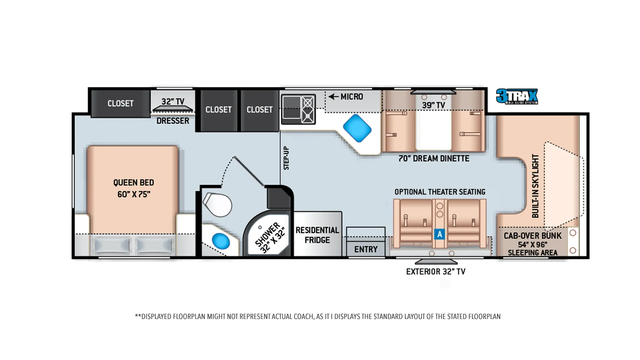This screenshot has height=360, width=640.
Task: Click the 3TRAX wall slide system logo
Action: (517, 96)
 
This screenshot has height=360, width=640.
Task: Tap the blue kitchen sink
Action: (357, 128)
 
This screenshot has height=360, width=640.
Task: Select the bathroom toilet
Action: (217, 204)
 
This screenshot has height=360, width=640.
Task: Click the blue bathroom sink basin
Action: (221, 241)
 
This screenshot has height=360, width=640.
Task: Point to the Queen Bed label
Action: (134, 188)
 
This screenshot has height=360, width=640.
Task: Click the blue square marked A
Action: (440, 234)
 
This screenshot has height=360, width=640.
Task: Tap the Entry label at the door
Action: (366, 249)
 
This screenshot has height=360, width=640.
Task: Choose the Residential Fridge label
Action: (317, 235)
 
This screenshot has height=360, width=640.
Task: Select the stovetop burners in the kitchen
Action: (308, 109)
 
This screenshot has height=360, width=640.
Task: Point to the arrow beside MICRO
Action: (333, 97)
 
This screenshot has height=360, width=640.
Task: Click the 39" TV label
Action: (433, 105)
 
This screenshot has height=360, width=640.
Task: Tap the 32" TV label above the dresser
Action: (173, 101)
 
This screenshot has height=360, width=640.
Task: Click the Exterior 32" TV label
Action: (436, 272)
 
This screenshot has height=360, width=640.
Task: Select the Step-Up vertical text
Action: (286, 158)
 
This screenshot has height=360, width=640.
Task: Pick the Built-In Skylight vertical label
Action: (535, 186)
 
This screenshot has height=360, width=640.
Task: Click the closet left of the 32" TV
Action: (120, 103)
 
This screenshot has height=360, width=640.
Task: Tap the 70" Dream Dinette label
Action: (434, 158)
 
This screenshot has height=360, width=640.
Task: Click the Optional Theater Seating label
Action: (440, 192)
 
